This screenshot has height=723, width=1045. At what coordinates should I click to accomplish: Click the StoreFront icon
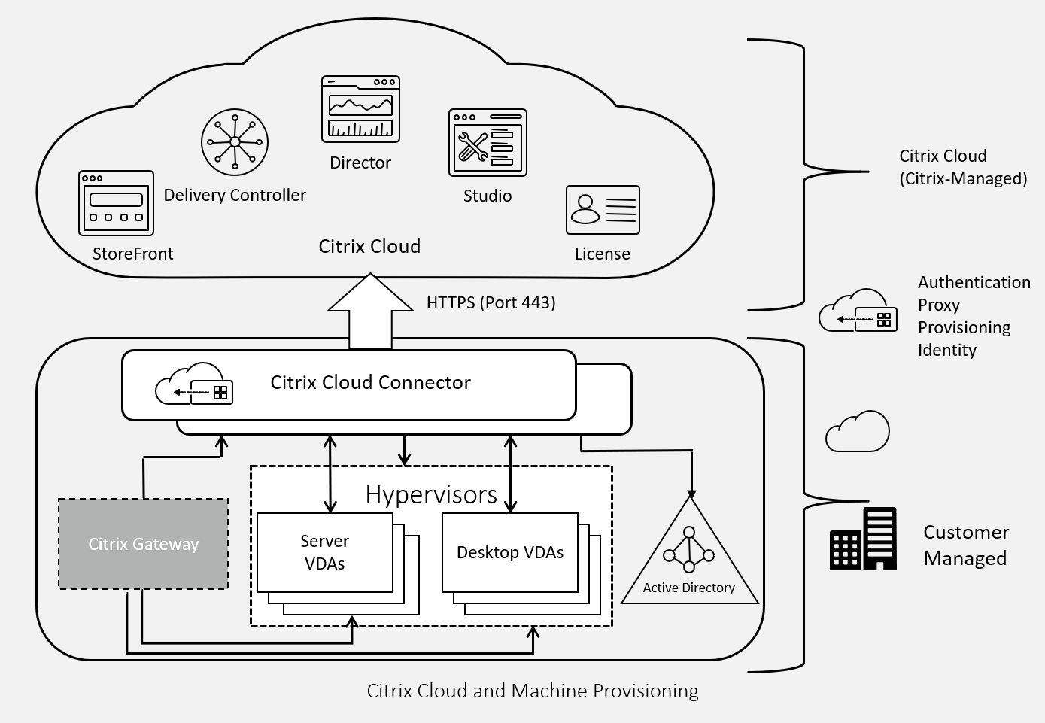tap(116, 203)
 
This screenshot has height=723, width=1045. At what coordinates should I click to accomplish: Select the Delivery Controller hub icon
tap(235, 141)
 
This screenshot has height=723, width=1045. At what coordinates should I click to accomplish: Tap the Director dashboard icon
tap(360, 109)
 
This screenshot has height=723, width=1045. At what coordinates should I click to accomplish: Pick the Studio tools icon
tap(488, 143)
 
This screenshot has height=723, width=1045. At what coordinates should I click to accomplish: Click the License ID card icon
tap(603, 210)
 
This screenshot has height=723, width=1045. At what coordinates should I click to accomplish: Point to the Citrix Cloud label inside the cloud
tap(369, 246)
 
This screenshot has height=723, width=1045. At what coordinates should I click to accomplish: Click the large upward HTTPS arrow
tap(370, 312)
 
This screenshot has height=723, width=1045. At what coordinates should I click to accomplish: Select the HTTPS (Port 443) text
tap(491, 302)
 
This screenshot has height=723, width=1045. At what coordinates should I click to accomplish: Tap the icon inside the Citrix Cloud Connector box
tap(194, 384)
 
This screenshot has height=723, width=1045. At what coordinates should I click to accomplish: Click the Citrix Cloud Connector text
tap(370, 382)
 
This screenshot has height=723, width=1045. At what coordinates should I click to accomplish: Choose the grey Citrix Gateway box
tap(143, 544)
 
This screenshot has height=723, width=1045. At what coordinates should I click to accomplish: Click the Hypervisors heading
tap(431, 494)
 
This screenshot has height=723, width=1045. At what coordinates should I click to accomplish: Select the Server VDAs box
tap(325, 552)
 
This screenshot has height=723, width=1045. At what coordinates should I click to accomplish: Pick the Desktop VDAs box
tap(510, 552)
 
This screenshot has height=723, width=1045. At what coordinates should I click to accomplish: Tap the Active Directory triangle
tap(689, 560)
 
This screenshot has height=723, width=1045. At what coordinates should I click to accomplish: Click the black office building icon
tap(863, 539)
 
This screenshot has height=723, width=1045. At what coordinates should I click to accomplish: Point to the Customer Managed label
tap(965, 545)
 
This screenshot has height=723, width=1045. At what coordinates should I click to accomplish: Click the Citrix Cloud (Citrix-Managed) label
tap(963, 167)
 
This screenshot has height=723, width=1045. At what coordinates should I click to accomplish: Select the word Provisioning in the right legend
tap(964, 327)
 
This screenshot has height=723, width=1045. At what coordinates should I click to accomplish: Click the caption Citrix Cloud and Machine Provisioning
tap(532, 691)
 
